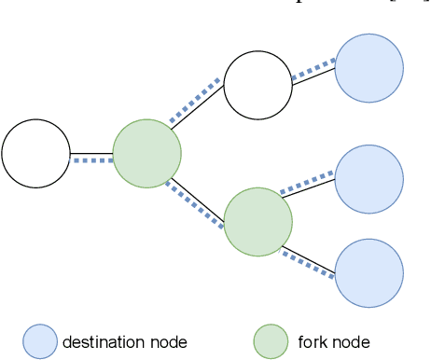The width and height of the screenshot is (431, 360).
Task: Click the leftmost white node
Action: click(35, 154)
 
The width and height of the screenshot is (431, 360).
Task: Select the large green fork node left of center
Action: click(146, 154)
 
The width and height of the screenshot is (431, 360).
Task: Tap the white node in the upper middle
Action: click(257, 86)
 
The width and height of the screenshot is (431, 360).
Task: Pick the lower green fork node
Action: click(258, 222)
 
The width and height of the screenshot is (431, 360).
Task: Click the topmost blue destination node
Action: click(368, 68)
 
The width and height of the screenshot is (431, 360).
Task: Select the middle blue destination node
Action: click(368, 179)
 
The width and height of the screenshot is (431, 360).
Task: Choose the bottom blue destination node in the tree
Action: click(368, 273)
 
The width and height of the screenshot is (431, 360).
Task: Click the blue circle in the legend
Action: click(40, 341)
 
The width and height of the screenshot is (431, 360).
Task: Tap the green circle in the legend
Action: click(271, 341)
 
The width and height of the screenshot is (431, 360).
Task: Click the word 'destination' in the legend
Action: click(104, 342)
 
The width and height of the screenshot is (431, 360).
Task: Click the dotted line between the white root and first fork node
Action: click(92, 160)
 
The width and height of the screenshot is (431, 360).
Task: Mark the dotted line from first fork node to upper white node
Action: click(196, 101)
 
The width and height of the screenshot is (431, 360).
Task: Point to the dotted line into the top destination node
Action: click(313, 72)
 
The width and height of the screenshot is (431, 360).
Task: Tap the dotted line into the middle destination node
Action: click(308, 183)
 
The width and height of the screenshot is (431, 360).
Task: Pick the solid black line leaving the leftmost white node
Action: click(91, 153)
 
